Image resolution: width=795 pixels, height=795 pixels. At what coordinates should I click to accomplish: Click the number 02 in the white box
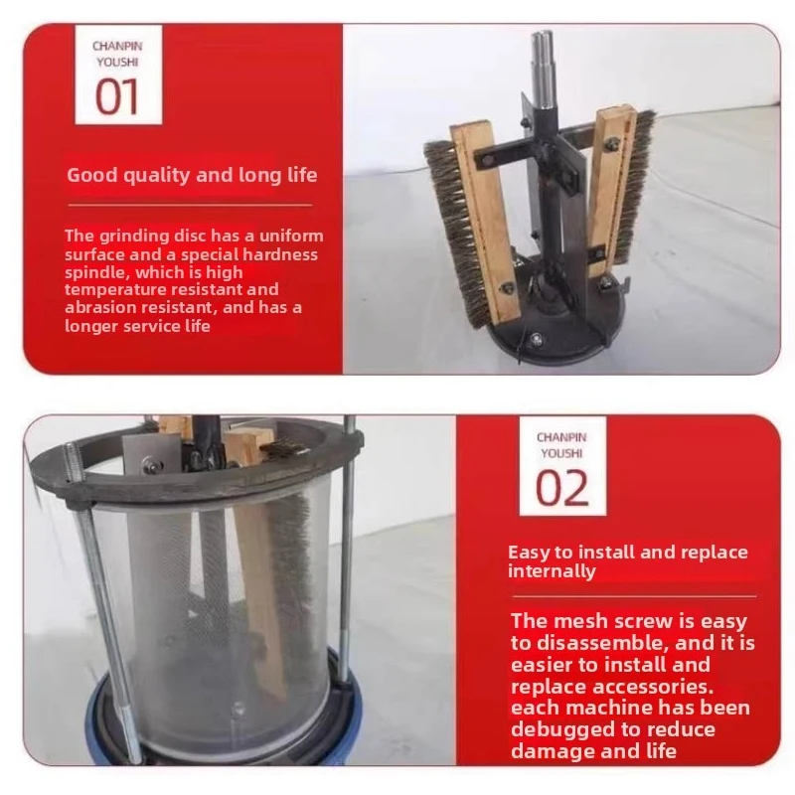[561, 487]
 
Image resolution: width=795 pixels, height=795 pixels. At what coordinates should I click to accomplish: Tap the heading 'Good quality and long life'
[192, 176]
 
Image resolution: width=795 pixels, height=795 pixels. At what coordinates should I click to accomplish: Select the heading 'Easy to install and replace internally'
[627, 561]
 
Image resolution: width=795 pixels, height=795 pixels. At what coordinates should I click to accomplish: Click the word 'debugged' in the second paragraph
[558, 729]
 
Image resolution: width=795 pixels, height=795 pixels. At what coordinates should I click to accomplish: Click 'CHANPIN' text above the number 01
[118, 46]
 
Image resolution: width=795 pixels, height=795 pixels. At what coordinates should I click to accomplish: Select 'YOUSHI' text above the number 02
[561, 452]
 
